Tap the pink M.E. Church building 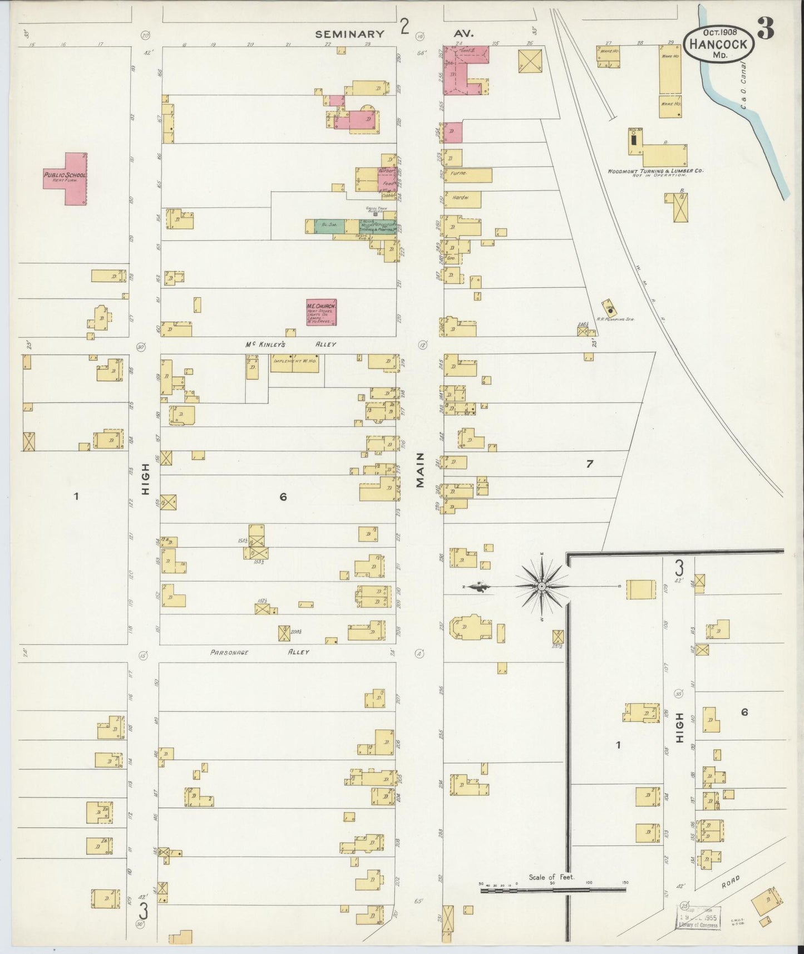(322, 313)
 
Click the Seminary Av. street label (349, 34)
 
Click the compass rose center (541, 587)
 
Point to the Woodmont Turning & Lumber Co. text (655, 171)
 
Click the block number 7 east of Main (590, 463)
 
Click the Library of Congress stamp (698, 916)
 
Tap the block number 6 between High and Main (283, 497)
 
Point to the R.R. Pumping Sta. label (615, 319)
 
